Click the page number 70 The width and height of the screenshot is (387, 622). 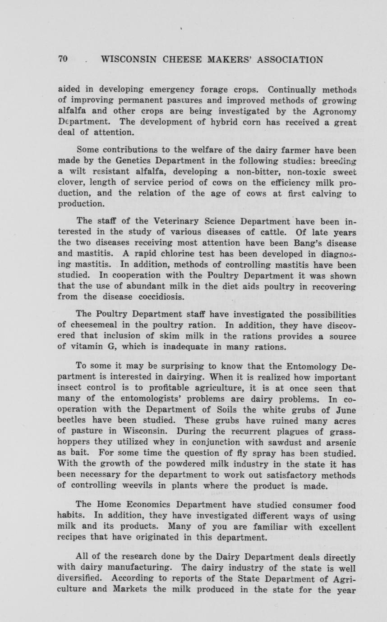[63, 59]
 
